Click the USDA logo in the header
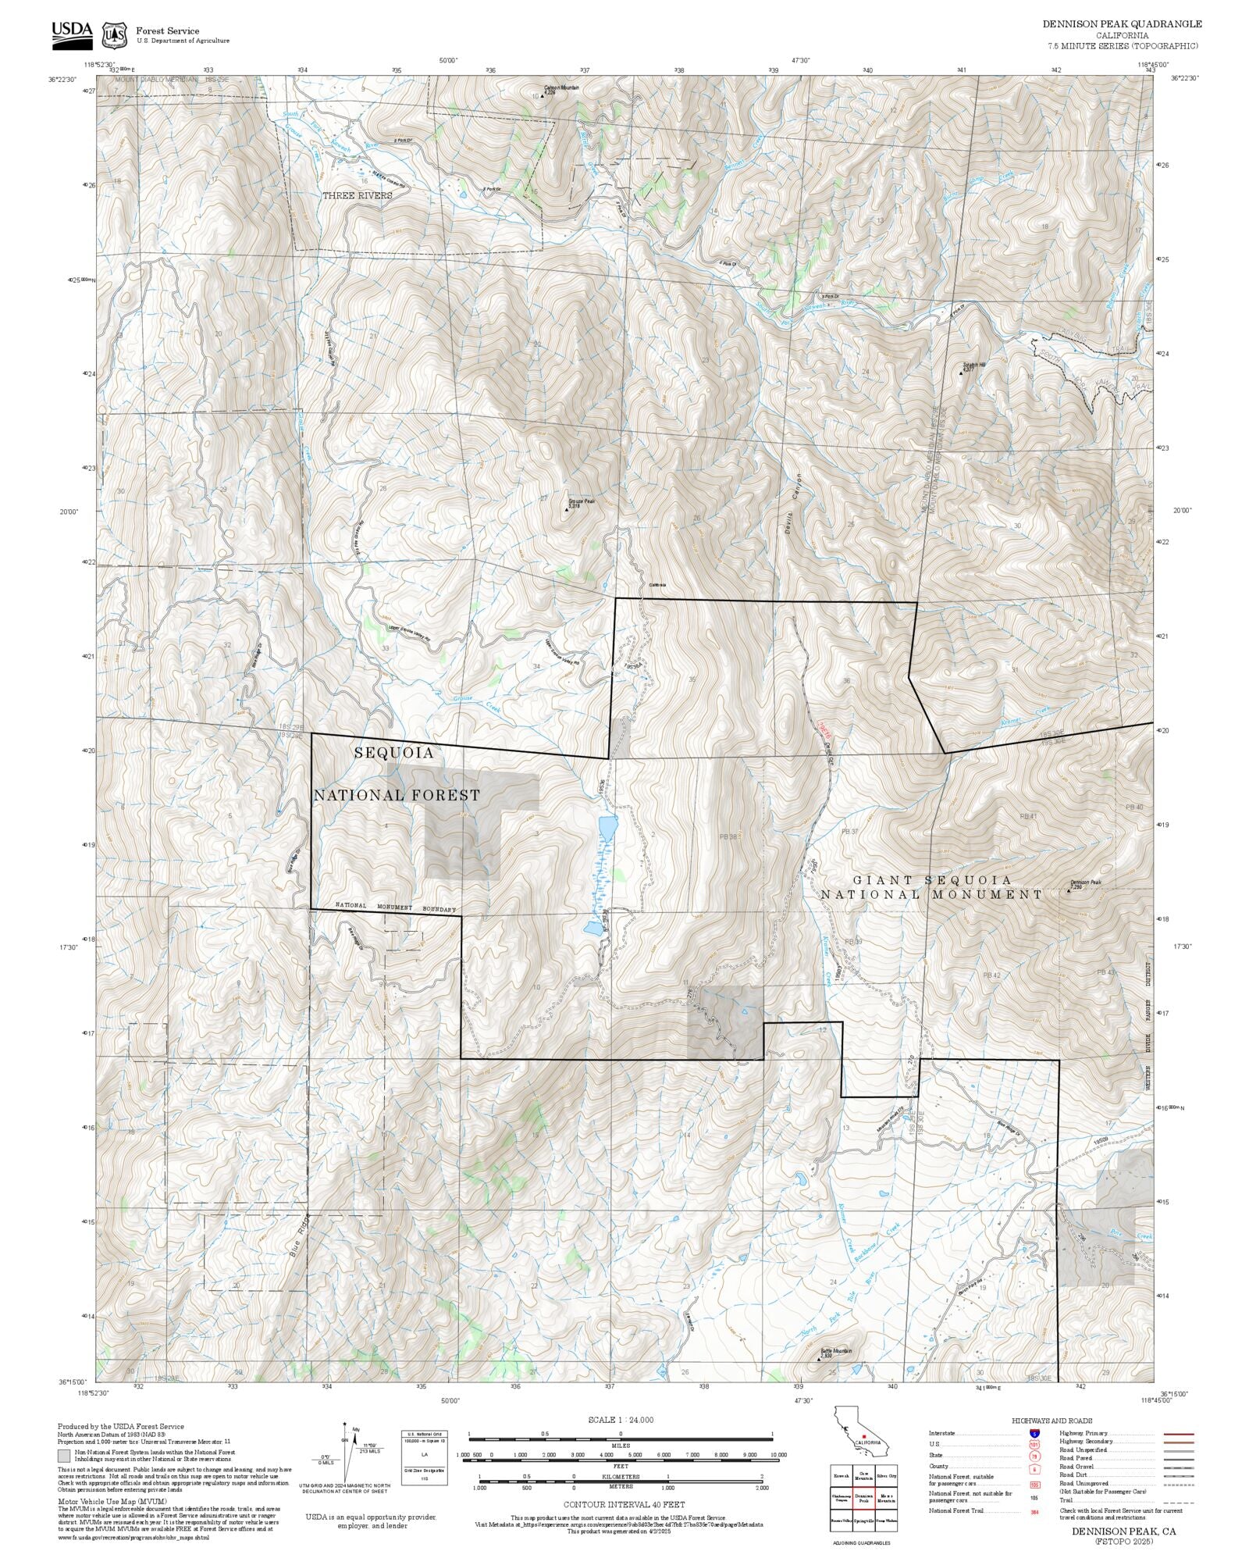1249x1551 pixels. (x=72, y=34)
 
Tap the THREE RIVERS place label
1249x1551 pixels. (x=358, y=195)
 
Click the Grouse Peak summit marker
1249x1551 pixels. (x=567, y=509)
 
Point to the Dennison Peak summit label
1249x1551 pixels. (x=1085, y=882)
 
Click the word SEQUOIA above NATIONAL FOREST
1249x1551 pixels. (x=393, y=753)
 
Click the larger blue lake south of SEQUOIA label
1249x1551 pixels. (x=607, y=826)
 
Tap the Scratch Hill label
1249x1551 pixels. (x=974, y=365)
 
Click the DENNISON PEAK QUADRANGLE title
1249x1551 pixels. (x=1122, y=24)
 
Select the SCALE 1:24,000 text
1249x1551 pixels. (x=621, y=1420)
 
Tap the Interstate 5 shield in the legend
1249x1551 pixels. (x=1034, y=1434)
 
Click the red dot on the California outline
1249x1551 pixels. (x=863, y=1435)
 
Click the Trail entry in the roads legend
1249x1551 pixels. (x=1065, y=1502)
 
